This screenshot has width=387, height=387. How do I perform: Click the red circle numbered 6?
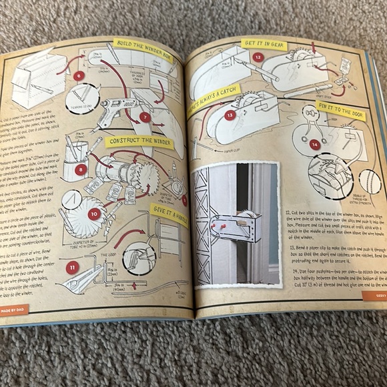point(79,75)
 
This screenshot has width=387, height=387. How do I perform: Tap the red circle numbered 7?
point(145,117)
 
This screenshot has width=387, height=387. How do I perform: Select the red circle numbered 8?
point(81,169)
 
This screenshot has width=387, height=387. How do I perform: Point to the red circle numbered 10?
point(94,214)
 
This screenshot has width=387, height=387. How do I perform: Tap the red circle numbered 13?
point(230,115)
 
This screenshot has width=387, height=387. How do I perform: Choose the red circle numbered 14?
point(315,143)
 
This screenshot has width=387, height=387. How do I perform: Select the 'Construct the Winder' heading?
point(139,142)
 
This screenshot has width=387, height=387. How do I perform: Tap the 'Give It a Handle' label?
point(169,215)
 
